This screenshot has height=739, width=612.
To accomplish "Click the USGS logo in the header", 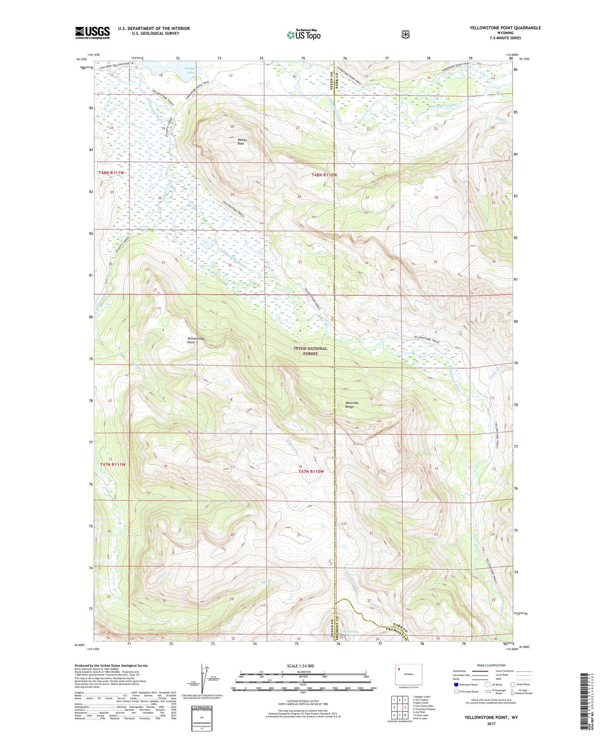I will [92, 33].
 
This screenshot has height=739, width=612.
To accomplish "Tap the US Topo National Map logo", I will [303, 35].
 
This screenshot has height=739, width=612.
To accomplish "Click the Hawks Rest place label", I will [241, 141].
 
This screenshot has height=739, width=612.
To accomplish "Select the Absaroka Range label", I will [352, 404].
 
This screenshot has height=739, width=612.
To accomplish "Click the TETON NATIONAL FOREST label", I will [310, 351].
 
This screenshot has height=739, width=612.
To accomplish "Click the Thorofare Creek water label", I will [444, 105].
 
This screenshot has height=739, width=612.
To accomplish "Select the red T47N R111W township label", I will [113, 464].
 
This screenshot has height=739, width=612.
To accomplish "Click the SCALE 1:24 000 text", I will [300, 666].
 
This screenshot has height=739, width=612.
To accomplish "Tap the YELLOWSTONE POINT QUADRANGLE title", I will [505, 28].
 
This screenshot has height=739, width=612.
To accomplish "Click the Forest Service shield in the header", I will [406, 34].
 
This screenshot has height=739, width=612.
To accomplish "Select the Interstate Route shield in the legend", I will [456, 684].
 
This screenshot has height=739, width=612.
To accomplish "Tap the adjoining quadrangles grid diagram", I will [399, 708].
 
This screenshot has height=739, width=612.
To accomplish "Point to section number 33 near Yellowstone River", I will [300, 262].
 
